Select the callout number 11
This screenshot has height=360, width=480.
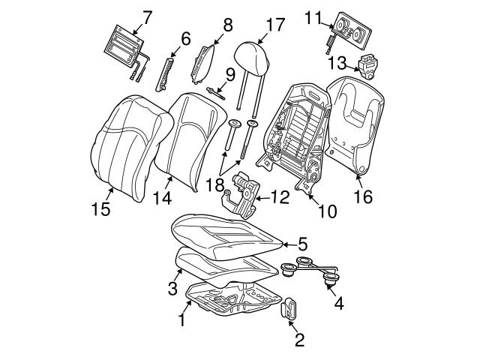click(314, 16)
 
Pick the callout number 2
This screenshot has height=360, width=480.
click(299, 341)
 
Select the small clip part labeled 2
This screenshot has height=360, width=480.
click(289, 309)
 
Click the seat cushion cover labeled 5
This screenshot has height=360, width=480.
click(225, 228)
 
